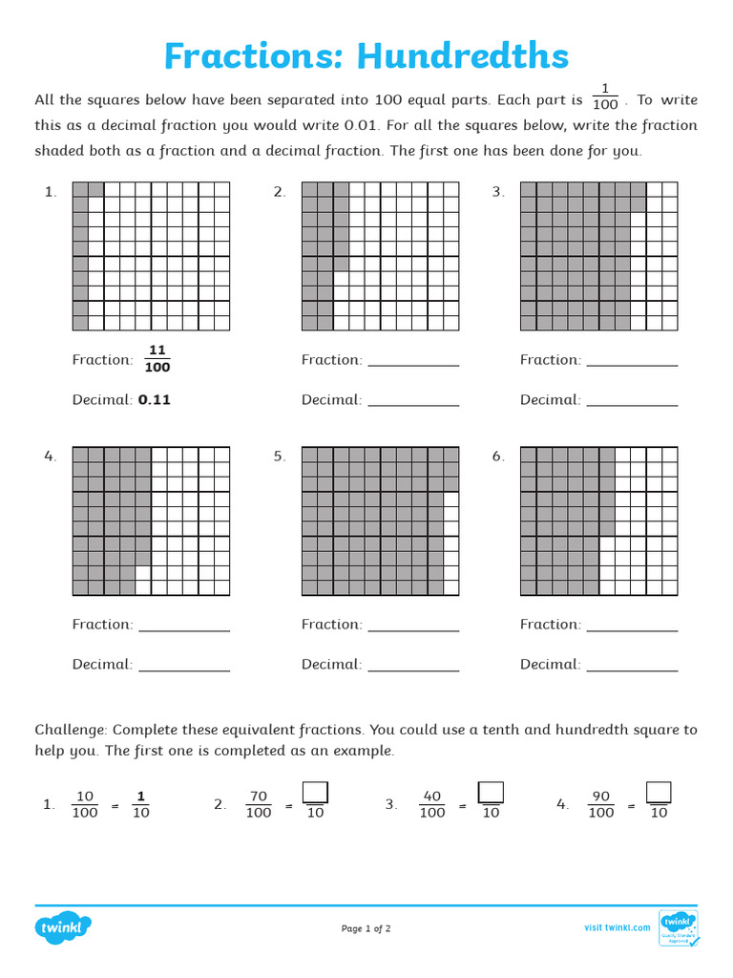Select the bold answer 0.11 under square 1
point(154,400)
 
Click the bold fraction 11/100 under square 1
point(157,359)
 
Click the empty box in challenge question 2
point(315,793)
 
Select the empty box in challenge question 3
point(491,793)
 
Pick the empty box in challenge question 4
point(659,793)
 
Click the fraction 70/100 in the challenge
point(259,804)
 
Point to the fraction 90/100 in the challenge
point(601,804)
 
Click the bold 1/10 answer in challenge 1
point(140,804)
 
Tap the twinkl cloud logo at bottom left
point(64,927)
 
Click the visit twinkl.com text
point(617,927)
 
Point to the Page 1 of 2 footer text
point(366,928)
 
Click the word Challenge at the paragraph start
point(72,730)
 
